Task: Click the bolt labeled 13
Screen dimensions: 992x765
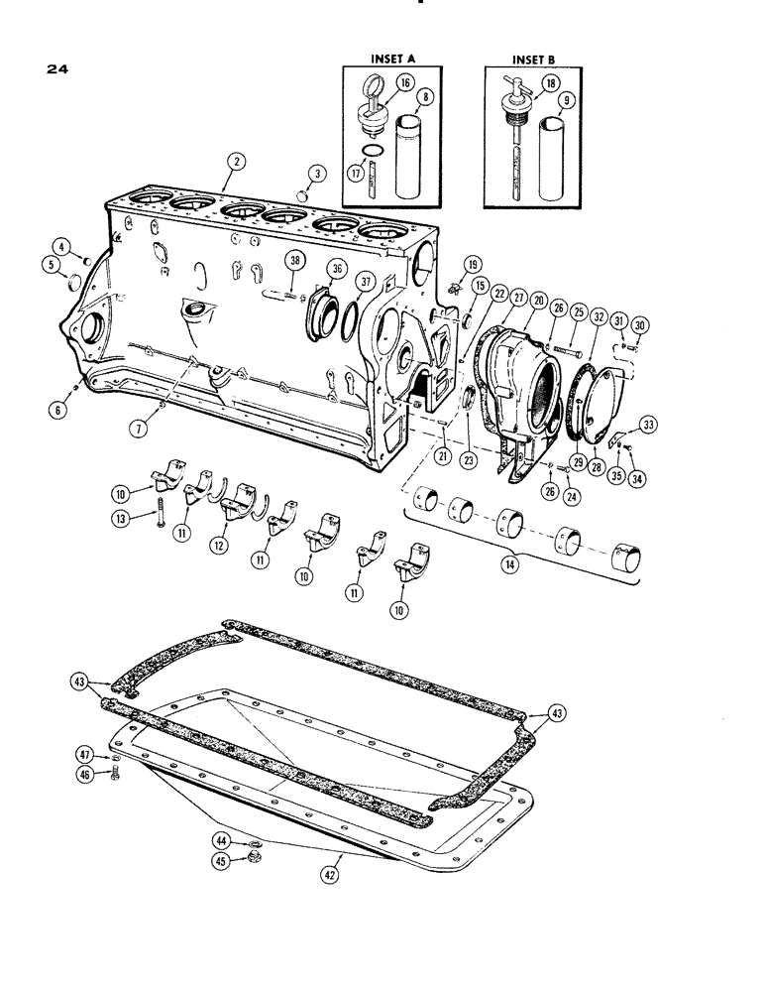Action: (x=158, y=515)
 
